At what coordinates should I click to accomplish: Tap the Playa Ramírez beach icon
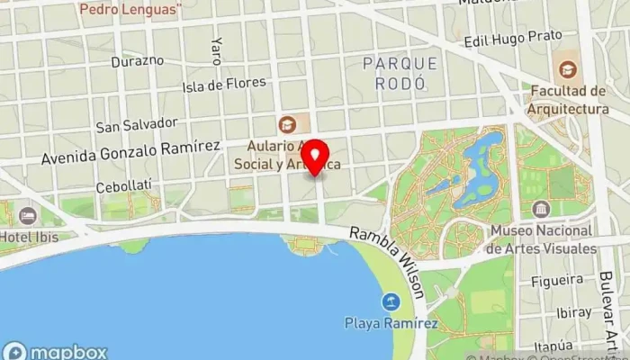[x=391, y=301]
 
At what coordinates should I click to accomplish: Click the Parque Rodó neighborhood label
[x=400, y=72]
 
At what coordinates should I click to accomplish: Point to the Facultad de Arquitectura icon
[x=568, y=69]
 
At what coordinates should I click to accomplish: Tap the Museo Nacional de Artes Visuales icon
[x=541, y=210]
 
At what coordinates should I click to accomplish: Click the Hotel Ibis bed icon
[x=28, y=216]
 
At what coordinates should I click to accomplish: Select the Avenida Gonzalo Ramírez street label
[x=130, y=151]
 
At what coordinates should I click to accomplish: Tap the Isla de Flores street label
[x=224, y=85]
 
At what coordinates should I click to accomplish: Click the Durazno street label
[x=137, y=61]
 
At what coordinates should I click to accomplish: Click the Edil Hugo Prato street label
[x=513, y=39]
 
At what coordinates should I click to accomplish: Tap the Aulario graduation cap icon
[x=287, y=124]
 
